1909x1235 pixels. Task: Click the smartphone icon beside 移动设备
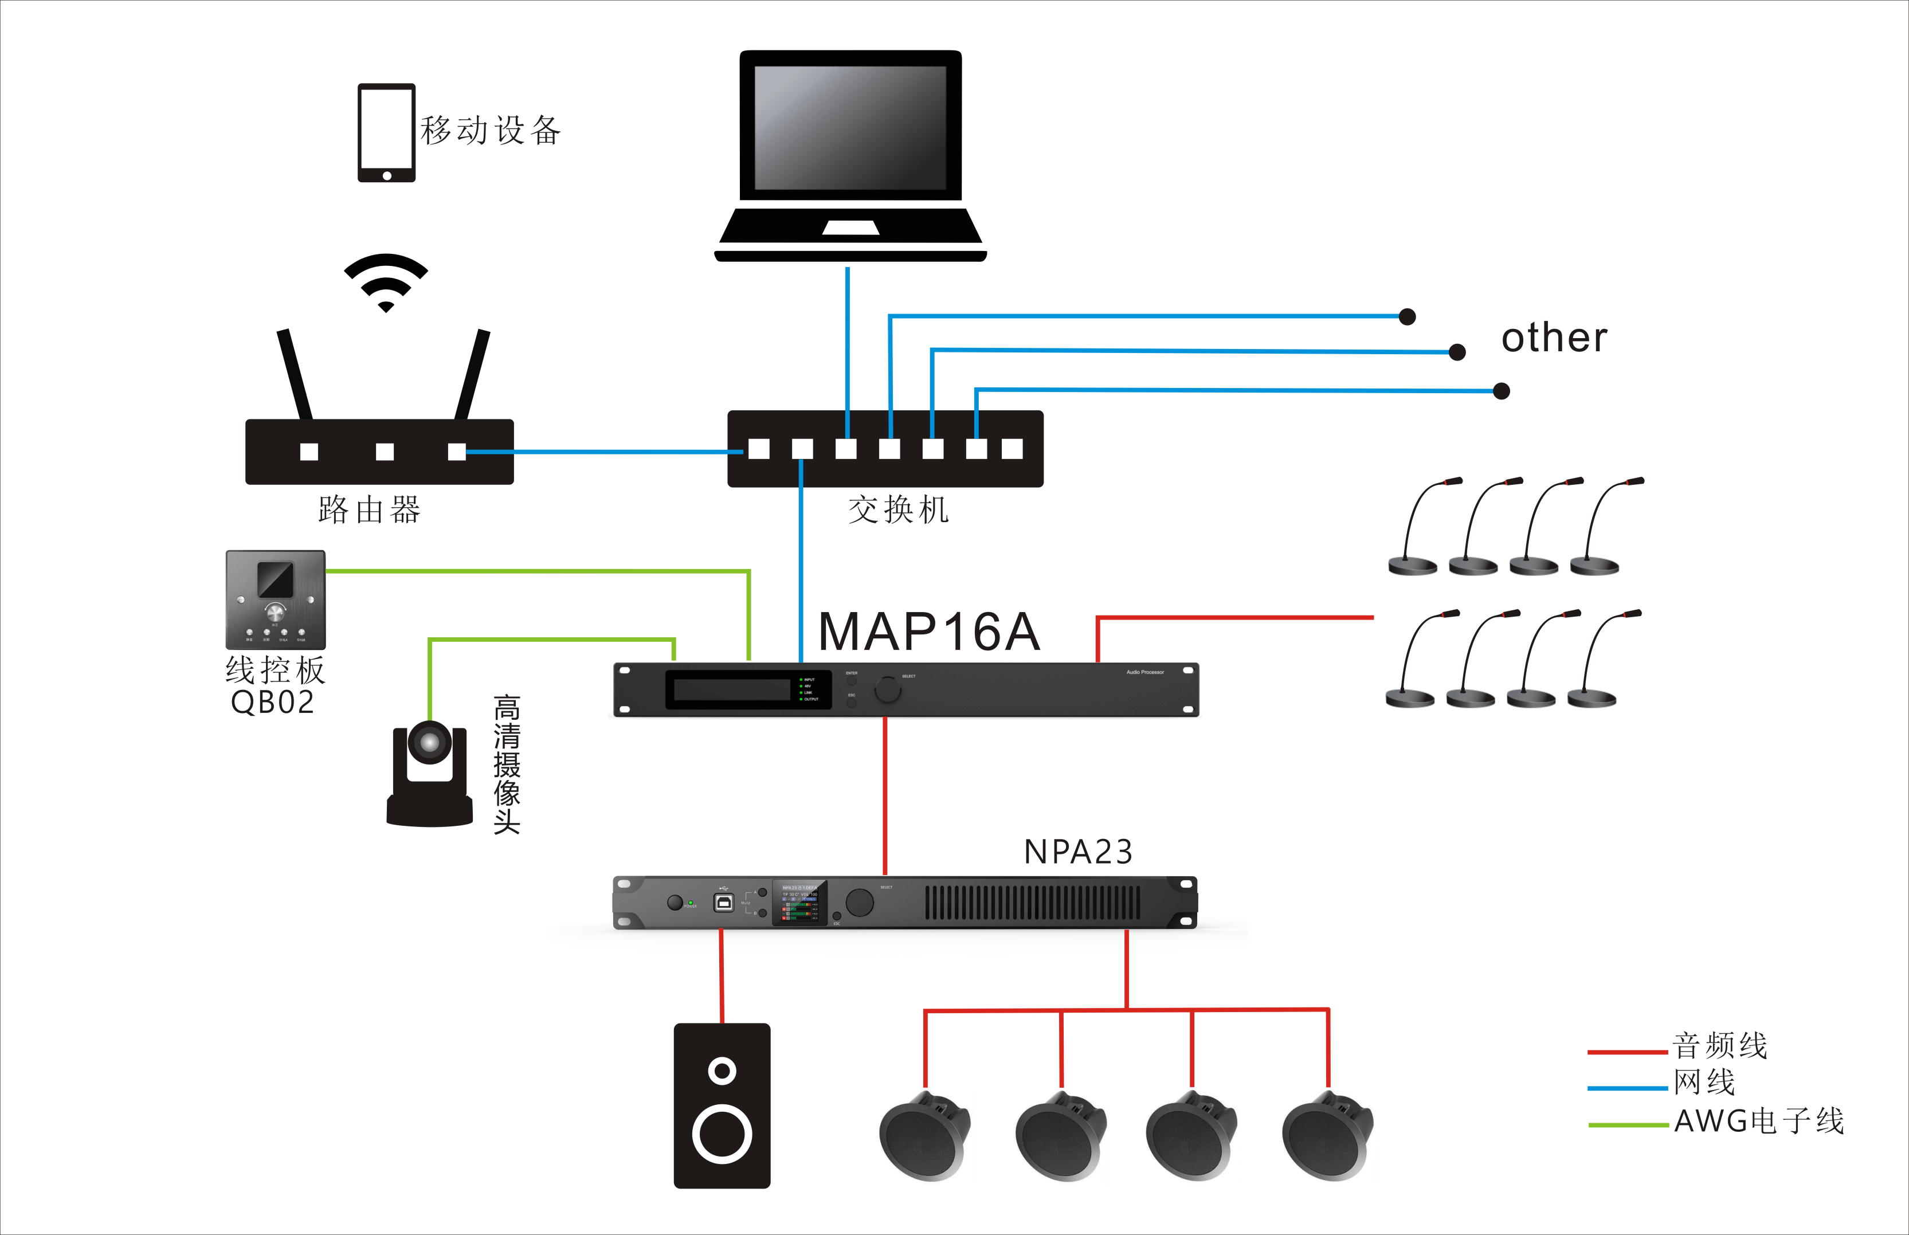(x=386, y=132)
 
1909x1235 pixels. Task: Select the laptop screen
(x=850, y=127)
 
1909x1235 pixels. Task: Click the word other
(x=1554, y=338)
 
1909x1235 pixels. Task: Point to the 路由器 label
(x=370, y=510)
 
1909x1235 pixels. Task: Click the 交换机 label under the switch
(x=898, y=510)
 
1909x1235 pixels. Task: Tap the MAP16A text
(x=929, y=632)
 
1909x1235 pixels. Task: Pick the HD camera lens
(x=430, y=743)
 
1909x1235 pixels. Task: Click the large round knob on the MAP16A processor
(x=888, y=689)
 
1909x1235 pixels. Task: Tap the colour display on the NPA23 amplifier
(x=799, y=903)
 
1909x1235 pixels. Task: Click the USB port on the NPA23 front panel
(x=724, y=902)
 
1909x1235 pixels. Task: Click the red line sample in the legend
(x=1627, y=1052)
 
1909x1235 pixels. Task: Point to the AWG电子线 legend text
(x=1759, y=1121)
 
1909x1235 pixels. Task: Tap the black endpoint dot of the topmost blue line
(x=1407, y=317)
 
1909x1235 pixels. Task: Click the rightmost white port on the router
(x=457, y=452)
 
